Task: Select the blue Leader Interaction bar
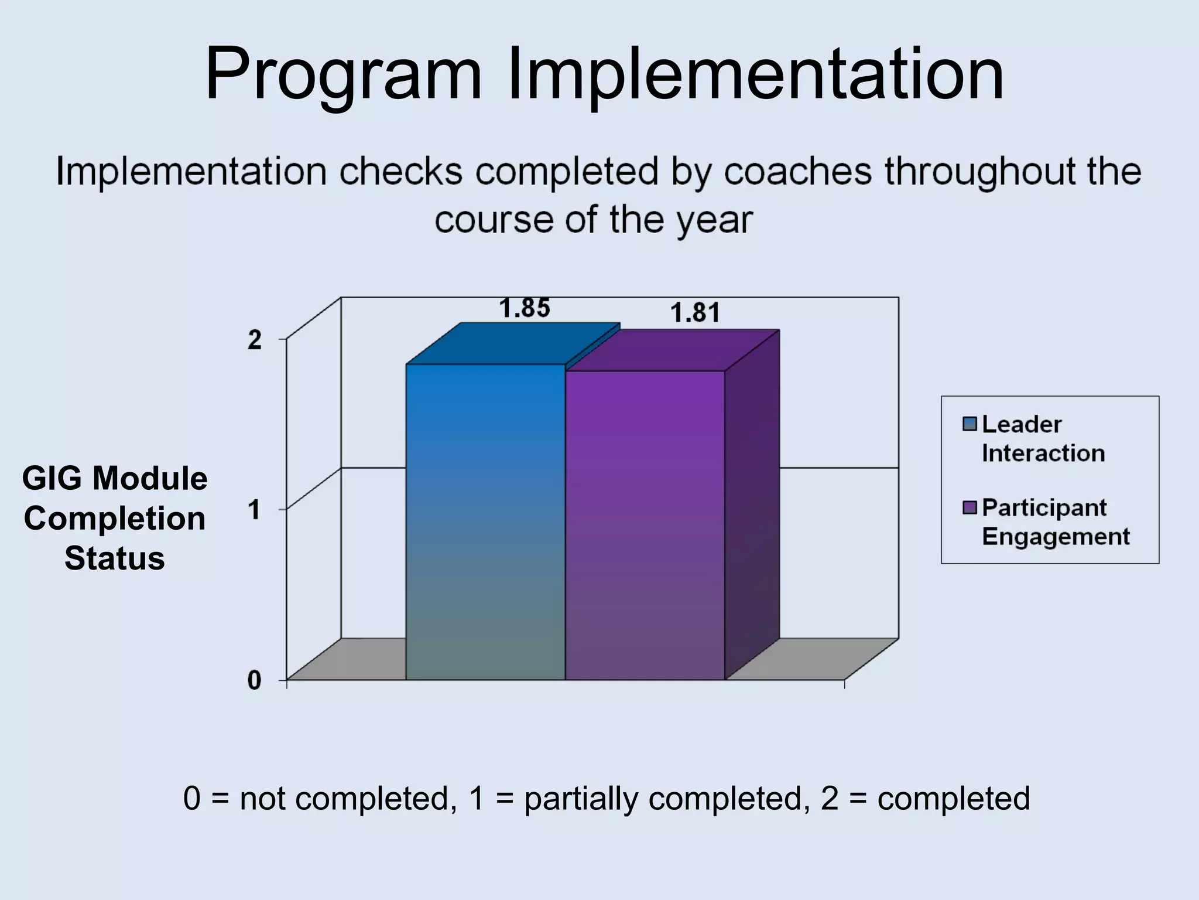485,521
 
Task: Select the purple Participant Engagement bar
645,525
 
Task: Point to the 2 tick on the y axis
255,340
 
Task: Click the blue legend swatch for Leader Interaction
970,424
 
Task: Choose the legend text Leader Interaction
1042,438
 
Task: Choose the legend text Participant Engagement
1055,521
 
